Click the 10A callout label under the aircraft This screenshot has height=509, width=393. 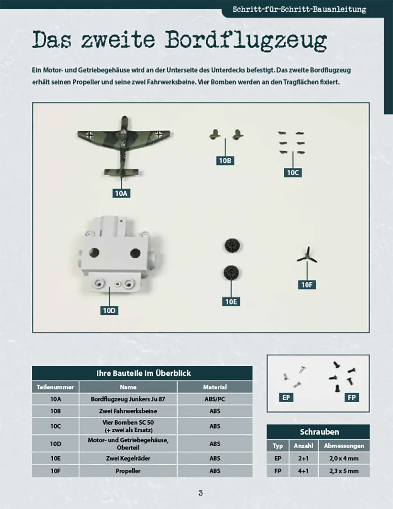pyautogui.click(x=121, y=194)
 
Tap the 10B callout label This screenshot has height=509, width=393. pyautogui.click(x=225, y=161)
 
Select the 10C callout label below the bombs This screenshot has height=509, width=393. pyautogui.click(x=293, y=173)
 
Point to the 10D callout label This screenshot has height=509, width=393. pyautogui.click(x=109, y=311)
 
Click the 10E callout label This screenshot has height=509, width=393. pyautogui.click(x=231, y=302)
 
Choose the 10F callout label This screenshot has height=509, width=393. pyautogui.click(x=307, y=285)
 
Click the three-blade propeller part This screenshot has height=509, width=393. pyautogui.click(x=307, y=255)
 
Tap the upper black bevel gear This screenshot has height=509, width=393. pyautogui.click(x=233, y=246)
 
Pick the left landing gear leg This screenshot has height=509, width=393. pyautogui.click(x=214, y=134)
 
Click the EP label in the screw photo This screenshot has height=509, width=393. pyautogui.click(x=286, y=397)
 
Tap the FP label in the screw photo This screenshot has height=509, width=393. pyautogui.click(x=352, y=397)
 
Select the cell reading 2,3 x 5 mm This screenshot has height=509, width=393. pyautogui.click(x=344, y=471)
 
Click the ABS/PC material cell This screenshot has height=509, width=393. pyautogui.click(x=215, y=399)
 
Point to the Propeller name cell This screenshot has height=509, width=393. pyautogui.click(x=128, y=471)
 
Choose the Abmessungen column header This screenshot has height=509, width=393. pyautogui.click(x=344, y=446)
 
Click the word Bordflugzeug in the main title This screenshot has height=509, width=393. pyautogui.click(x=246, y=40)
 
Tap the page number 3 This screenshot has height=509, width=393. pyautogui.click(x=200, y=493)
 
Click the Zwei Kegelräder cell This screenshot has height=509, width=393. pyautogui.click(x=128, y=458)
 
